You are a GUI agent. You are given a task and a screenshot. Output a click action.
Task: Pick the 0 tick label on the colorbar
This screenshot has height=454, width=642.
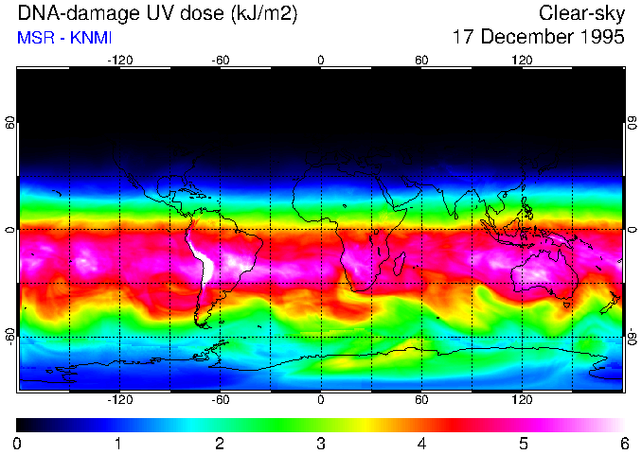tap(18, 443)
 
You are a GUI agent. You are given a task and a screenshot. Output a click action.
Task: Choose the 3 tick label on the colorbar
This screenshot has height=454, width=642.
tap(321, 443)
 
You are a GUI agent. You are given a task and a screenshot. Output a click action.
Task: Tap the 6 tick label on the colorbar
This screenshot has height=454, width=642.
tap(623, 443)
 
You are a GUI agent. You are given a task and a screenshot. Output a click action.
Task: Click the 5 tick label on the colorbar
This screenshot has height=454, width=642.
tap(523, 443)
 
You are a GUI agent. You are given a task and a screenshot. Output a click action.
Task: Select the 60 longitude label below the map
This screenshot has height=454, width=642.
tap(421, 400)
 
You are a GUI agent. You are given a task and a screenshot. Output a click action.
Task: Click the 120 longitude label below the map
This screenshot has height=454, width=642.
tap(523, 400)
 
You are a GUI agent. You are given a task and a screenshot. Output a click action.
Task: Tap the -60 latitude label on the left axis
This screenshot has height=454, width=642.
tap(10, 336)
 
